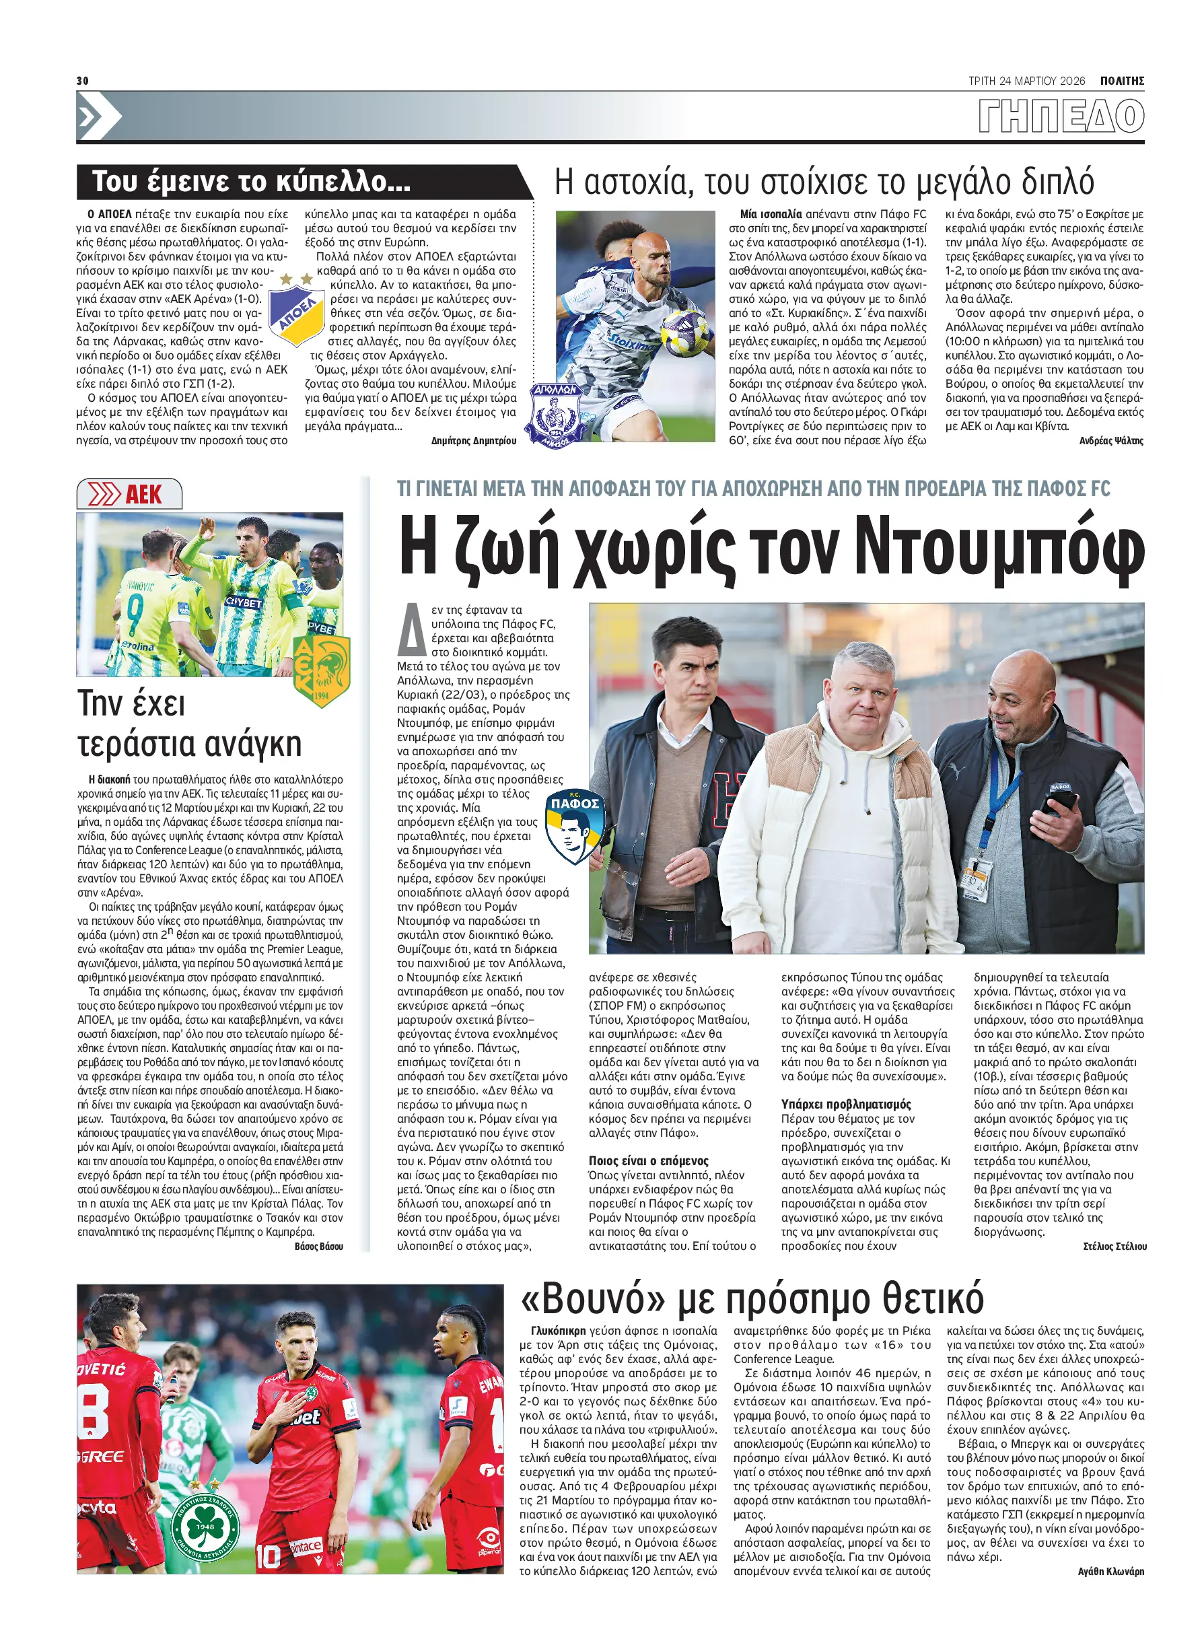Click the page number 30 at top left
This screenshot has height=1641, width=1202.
[82, 80]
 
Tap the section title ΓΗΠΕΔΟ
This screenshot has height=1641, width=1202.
[1061, 116]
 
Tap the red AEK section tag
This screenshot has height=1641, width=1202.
[129, 495]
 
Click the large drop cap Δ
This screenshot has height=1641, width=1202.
[411, 629]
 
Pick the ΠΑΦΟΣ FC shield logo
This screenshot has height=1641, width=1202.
[575, 825]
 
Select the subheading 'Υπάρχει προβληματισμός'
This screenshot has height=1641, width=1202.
[845, 1104]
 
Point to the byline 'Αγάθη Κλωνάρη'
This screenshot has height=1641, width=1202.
[1110, 1571]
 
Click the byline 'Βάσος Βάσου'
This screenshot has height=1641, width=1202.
[319, 1247]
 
